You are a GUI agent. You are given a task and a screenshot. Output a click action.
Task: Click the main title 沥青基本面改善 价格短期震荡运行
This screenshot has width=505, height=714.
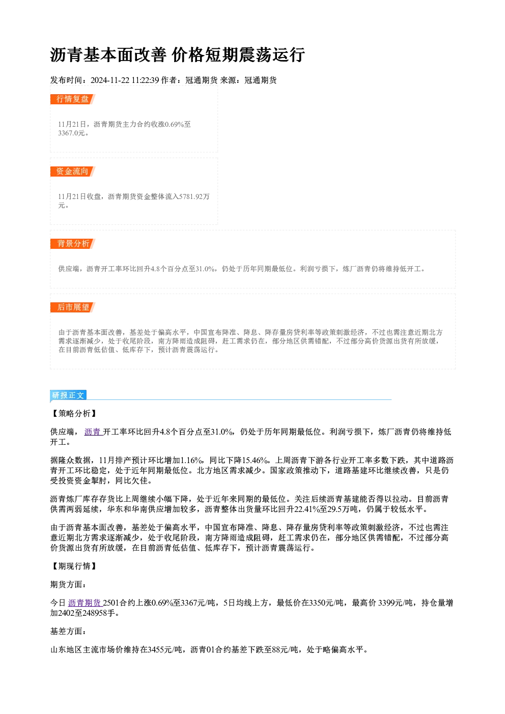pos(177,55)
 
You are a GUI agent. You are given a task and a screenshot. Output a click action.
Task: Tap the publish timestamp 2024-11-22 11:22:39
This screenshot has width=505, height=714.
pos(125,80)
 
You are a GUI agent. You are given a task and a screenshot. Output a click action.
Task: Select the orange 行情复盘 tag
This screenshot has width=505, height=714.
pos(72,99)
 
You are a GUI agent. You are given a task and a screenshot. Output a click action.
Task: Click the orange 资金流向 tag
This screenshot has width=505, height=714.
pos(72,172)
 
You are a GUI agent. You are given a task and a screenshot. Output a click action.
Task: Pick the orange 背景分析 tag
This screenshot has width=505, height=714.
pos(72,244)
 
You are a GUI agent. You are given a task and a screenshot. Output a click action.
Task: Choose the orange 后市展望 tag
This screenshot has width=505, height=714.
pos(72,307)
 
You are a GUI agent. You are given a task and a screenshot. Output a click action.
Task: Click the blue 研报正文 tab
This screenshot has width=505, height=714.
pos(68,395)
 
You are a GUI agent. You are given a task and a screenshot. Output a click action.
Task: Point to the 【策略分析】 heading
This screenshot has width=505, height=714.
pos(74,414)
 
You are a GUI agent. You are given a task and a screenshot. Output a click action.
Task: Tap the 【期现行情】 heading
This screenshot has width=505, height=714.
pos(74,566)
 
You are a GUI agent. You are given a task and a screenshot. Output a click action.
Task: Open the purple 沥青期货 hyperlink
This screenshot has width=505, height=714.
pos(85,603)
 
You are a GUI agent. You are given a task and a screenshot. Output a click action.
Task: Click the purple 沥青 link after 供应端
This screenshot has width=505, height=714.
pos(93,432)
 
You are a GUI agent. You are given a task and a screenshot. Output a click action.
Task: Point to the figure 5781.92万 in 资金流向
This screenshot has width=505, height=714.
pos(194,196)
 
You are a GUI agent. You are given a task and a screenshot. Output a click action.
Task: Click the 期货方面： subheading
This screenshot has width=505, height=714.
pos(68,585)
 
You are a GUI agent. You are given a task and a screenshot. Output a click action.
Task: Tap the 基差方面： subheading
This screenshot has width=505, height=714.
pos(68,632)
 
